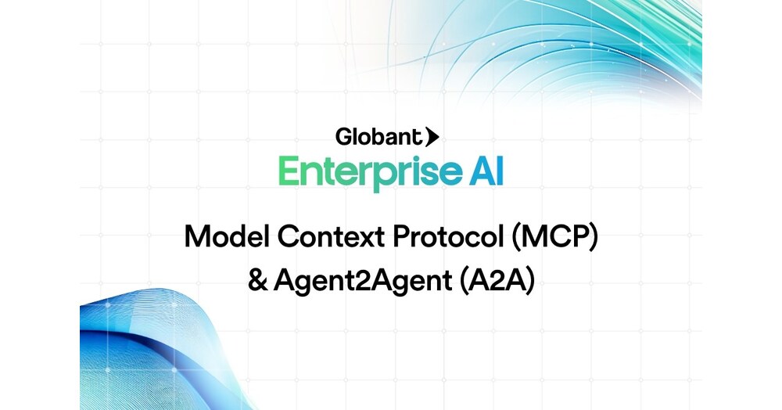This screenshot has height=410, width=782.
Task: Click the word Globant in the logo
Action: point(378,137)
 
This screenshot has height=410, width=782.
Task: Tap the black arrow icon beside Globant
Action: point(432,137)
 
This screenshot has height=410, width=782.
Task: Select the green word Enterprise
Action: point(370,172)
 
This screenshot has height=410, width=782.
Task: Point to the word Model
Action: point(227,236)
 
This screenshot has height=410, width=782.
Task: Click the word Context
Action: point(331,236)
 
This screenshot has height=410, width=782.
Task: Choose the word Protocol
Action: point(448,236)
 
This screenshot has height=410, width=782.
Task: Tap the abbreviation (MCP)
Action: point(554,236)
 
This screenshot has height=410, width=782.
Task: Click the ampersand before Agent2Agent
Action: point(257,280)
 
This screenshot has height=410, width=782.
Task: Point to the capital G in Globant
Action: point(344,137)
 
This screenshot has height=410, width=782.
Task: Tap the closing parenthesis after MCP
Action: point(593,237)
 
